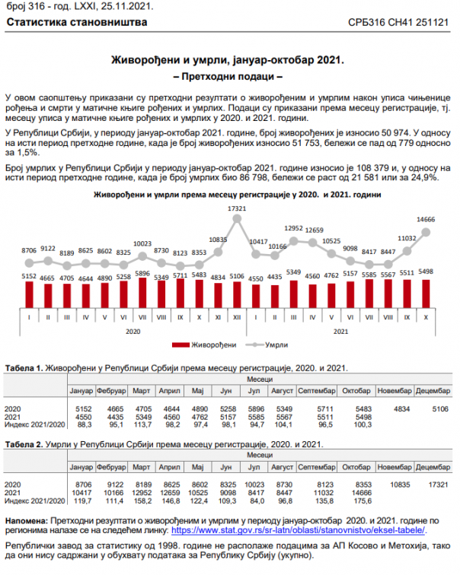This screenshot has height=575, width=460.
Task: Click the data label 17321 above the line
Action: click(237, 208)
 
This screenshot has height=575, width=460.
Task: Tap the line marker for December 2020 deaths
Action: click(237, 219)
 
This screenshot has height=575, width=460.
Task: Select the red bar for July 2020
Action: click(142, 293)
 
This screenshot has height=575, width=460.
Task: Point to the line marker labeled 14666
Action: click(426, 232)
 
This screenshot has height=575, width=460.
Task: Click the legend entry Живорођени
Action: click(204, 345)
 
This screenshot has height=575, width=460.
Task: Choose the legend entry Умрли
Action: click(267, 345)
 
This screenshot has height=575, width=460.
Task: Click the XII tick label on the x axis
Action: click(237, 318)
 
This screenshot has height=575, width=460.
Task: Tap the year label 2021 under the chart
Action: click(340, 332)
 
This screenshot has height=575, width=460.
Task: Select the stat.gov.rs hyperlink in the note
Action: click(298, 530)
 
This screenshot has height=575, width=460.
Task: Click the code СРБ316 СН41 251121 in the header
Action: click(398, 22)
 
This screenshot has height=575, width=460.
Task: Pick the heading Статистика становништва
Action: click(77, 22)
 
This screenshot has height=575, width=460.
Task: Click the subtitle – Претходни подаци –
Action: click(228, 76)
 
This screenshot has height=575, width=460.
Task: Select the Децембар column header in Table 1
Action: click(433, 391)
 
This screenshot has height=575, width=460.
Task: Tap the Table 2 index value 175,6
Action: click(363, 501)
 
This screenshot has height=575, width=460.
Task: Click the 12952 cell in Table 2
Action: click(142, 493)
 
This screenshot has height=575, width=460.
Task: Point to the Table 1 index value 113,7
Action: click(143, 424)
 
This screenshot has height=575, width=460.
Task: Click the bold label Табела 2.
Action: click(24, 444)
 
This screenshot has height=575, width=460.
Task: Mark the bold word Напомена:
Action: click(27, 521)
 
